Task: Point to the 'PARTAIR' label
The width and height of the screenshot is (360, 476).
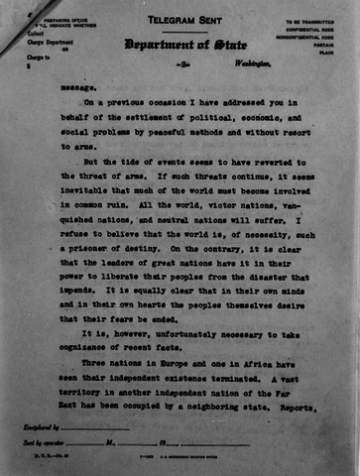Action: [x=324, y=44]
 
